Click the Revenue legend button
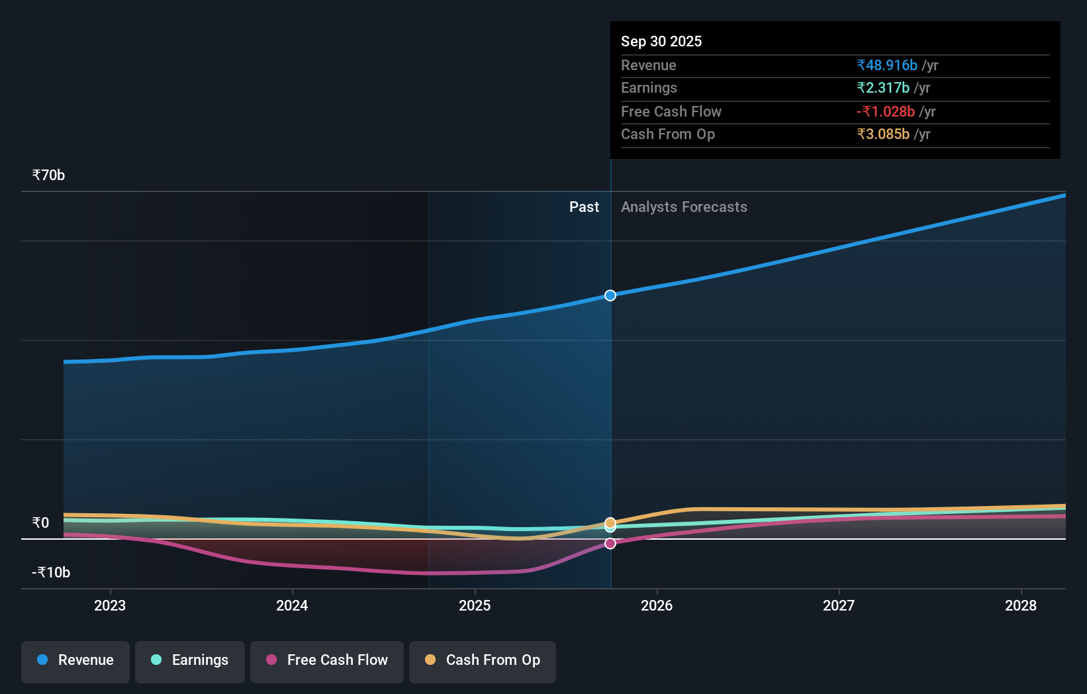(x=75, y=661)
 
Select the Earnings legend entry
(x=190, y=661)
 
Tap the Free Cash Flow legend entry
(x=327, y=661)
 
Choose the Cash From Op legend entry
(x=483, y=661)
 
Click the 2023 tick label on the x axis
(x=110, y=606)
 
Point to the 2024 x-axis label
(x=292, y=606)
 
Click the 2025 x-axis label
(x=475, y=606)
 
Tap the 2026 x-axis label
(x=657, y=606)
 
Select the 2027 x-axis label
(x=839, y=606)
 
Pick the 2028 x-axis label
(x=1021, y=606)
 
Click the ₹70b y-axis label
(x=48, y=175)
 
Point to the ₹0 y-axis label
(x=40, y=523)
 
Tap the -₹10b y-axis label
(x=51, y=573)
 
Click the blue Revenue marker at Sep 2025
(x=610, y=295)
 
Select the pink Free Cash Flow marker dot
(x=610, y=544)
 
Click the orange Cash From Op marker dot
(x=610, y=522)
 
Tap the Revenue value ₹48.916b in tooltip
(x=887, y=66)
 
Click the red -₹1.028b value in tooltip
(x=886, y=112)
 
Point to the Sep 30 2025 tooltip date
(x=661, y=42)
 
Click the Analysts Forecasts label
(x=684, y=207)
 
